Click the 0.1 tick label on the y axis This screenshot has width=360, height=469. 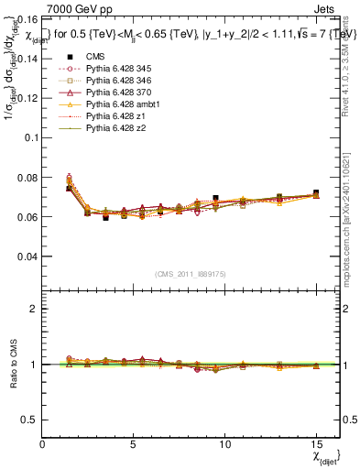coord(28,137)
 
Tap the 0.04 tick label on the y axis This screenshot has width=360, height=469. coord(26,257)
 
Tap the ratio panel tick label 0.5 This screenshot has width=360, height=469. coord(28,420)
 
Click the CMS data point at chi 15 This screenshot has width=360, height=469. coord(316,193)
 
